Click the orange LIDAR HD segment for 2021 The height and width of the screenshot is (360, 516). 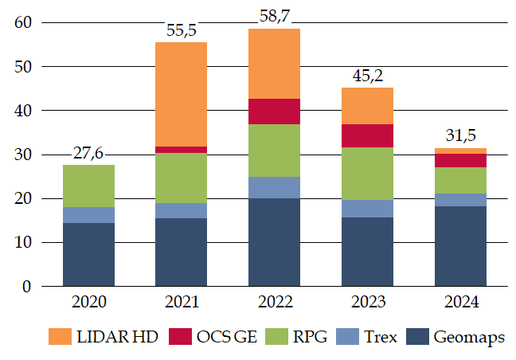(181, 94)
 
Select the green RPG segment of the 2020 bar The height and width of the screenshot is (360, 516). (88, 186)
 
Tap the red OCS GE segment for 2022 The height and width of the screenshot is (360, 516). (274, 112)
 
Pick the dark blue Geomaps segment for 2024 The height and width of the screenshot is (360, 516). (460, 246)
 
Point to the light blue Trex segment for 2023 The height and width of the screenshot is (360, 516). (367, 209)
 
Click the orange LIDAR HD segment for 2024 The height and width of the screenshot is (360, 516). (460, 151)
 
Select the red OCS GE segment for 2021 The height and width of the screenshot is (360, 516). (181, 149)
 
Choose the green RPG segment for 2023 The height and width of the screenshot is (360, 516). (367, 174)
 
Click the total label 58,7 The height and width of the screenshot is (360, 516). (274, 15)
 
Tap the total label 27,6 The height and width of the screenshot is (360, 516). (88, 152)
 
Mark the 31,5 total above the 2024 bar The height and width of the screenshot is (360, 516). (460, 135)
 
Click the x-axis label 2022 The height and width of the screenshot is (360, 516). (274, 303)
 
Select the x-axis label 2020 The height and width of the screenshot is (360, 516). (88, 303)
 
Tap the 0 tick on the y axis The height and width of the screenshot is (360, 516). (25, 286)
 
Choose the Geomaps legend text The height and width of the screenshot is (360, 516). (469, 337)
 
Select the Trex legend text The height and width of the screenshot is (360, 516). (380, 337)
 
